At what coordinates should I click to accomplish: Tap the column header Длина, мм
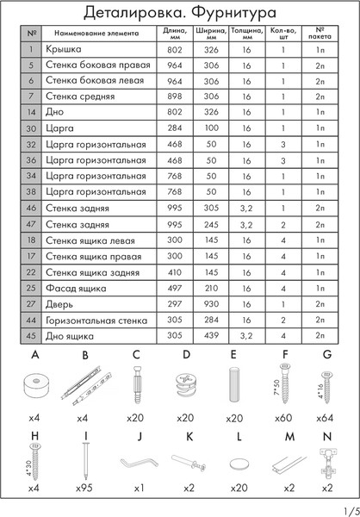coord(173,33)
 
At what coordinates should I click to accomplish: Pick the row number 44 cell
coord(30,320)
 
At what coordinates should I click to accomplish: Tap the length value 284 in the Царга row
coord(173,128)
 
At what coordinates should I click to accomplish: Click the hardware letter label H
coord(34,435)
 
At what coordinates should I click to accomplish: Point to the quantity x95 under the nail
coord(84,488)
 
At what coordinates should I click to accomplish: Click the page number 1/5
coord(347,509)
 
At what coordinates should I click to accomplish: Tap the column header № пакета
coord(320,33)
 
